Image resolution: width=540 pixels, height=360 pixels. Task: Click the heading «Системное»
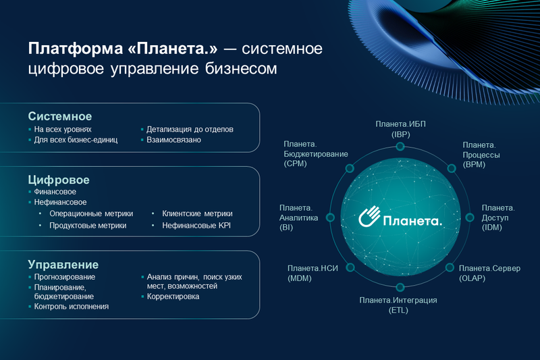59,116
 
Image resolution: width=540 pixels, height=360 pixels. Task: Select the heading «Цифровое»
59,180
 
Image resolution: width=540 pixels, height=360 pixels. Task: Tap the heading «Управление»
63,264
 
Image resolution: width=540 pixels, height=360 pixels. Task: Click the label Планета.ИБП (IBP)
400,129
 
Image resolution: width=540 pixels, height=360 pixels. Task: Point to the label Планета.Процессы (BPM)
482,155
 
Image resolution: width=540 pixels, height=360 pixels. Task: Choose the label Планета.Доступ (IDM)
498,217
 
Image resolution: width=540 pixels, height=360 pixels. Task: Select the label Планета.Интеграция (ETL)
398,305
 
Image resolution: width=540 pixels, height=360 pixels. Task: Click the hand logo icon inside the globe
369,218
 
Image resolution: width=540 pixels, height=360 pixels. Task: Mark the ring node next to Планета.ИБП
400,147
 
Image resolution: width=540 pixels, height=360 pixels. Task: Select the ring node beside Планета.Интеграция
400,288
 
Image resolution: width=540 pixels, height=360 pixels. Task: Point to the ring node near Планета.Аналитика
330,217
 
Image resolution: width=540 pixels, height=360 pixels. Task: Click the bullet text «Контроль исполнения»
72,306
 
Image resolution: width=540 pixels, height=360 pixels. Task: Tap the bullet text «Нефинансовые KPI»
196,226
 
